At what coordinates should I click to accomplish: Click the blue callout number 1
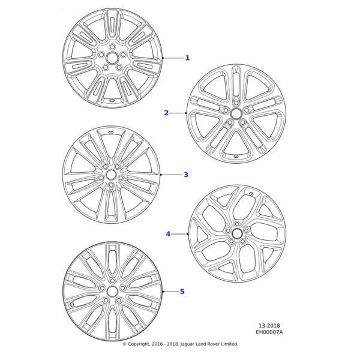click(x=188, y=58)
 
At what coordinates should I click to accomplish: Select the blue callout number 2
click(x=166, y=113)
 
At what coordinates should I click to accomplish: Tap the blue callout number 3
click(x=186, y=175)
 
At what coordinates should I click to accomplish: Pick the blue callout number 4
click(x=168, y=234)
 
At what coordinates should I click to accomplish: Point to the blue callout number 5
click(x=182, y=292)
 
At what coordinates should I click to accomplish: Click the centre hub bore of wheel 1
click(x=112, y=58)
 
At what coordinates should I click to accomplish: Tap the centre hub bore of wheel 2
click(x=236, y=113)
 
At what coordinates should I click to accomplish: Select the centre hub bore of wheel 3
click(x=111, y=175)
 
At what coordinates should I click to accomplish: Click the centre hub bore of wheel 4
click(x=237, y=234)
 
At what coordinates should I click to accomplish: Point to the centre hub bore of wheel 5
click(x=112, y=292)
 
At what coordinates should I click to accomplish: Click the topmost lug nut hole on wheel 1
click(x=112, y=47)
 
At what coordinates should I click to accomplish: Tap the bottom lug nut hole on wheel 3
click(x=111, y=185)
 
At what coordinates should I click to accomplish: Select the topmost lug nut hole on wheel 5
click(x=112, y=281)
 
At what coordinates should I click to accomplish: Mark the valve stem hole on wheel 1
click(x=112, y=101)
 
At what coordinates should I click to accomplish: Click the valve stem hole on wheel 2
click(x=236, y=157)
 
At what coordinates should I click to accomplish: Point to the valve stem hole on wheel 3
click(x=111, y=132)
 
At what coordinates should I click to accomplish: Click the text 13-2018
click(x=269, y=326)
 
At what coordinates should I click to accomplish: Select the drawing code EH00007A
click(x=269, y=332)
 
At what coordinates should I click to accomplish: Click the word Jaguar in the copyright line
click(x=187, y=344)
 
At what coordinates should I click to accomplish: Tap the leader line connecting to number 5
click(x=170, y=292)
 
